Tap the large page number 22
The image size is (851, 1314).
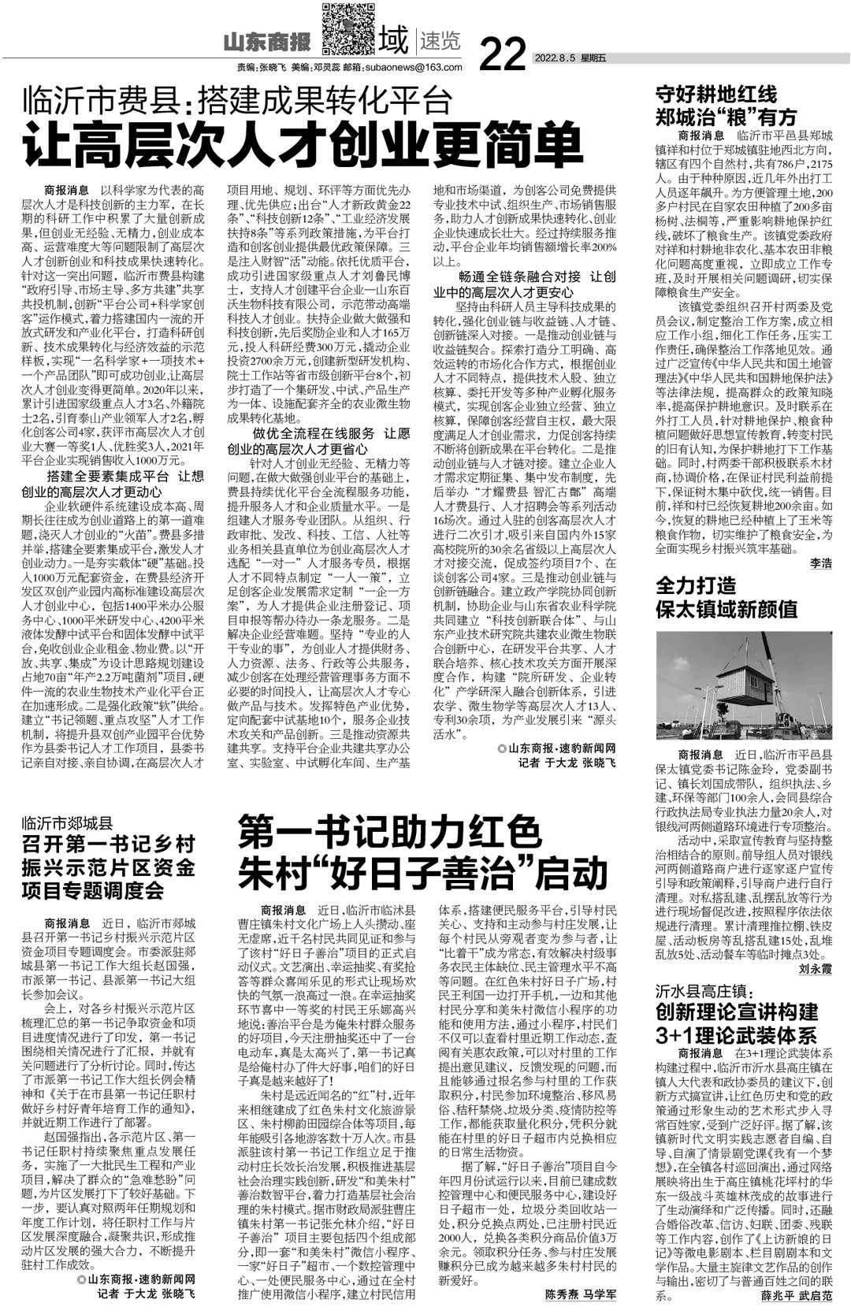coord(502,54)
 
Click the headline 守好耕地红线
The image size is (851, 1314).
coord(716,95)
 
